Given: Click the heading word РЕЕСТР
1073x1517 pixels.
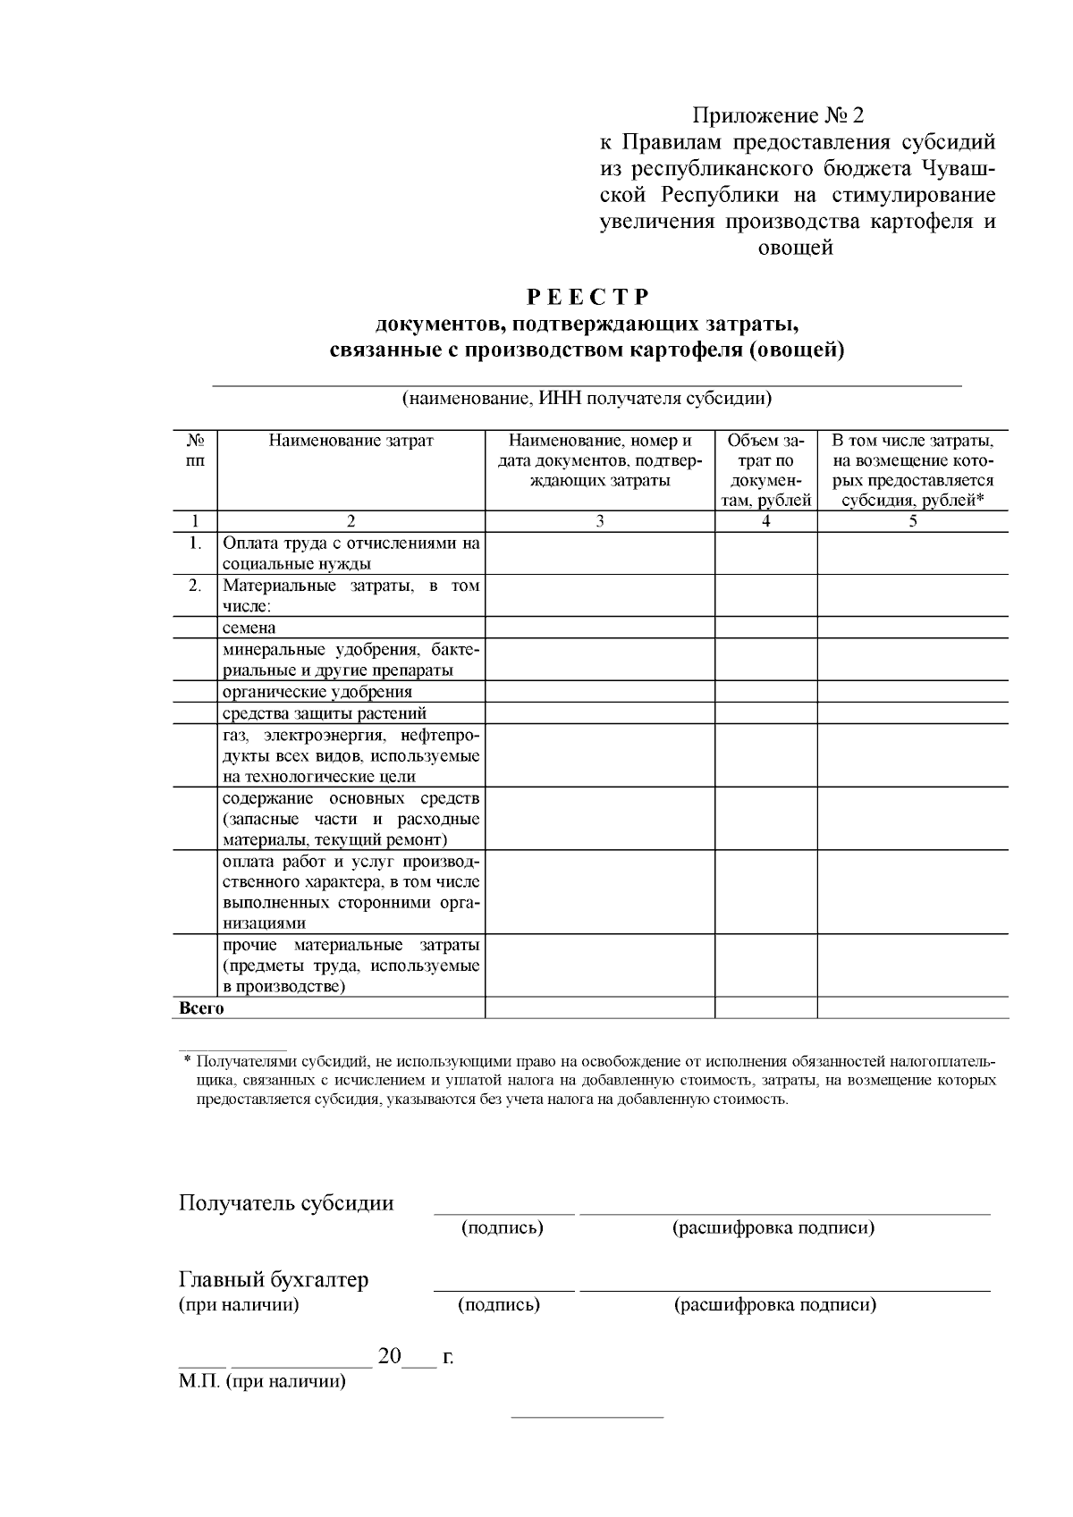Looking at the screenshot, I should pyautogui.click(x=587, y=297).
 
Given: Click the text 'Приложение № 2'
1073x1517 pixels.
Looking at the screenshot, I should pyautogui.click(x=780, y=116).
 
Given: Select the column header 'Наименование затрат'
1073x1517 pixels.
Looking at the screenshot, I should pyautogui.click(x=351, y=441).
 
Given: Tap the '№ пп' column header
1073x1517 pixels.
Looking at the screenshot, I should pyautogui.click(x=195, y=451).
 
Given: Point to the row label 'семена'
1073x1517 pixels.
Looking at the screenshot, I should pyautogui.click(x=249, y=628).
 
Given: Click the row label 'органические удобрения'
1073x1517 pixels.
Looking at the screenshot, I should pyautogui.click(x=317, y=692).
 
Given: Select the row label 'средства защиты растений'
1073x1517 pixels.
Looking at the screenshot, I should pyautogui.click(x=325, y=713).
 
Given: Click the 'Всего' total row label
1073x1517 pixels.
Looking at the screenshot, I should pyautogui.click(x=202, y=1008).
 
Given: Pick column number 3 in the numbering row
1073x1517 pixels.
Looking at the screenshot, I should pyautogui.click(x=600, y=522).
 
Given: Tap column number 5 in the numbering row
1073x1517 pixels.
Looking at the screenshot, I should pyautogui.click(x=913, y=522).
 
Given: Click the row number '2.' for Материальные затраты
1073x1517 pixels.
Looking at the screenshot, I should pyautogui.click(x=195, y=586).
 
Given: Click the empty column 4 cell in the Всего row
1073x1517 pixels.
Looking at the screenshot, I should pyautogui.click(x=765, y=1008).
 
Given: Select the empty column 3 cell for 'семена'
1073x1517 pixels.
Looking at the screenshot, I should pyautogui.click(x=600, y=628).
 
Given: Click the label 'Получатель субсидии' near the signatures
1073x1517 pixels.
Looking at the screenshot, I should pyautogui.click(x=286, y=1203).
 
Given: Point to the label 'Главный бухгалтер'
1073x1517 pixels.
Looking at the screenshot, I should pyautogui.click(x=274, y=1280).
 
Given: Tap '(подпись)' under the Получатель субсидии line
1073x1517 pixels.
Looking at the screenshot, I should pyautogui.click(x=503, y=1228).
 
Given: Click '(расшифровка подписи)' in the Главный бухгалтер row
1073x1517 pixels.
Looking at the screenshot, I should pyautogui.click(x=774, y=1305).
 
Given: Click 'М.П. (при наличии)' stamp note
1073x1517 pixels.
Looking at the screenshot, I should pyautogui.click(x=262, y=1382).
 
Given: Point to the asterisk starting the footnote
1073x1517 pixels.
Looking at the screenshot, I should pyautogui.click(x=188, y=1062).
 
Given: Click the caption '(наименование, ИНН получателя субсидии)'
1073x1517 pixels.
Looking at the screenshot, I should pyautogui.click(x=587, y=399).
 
